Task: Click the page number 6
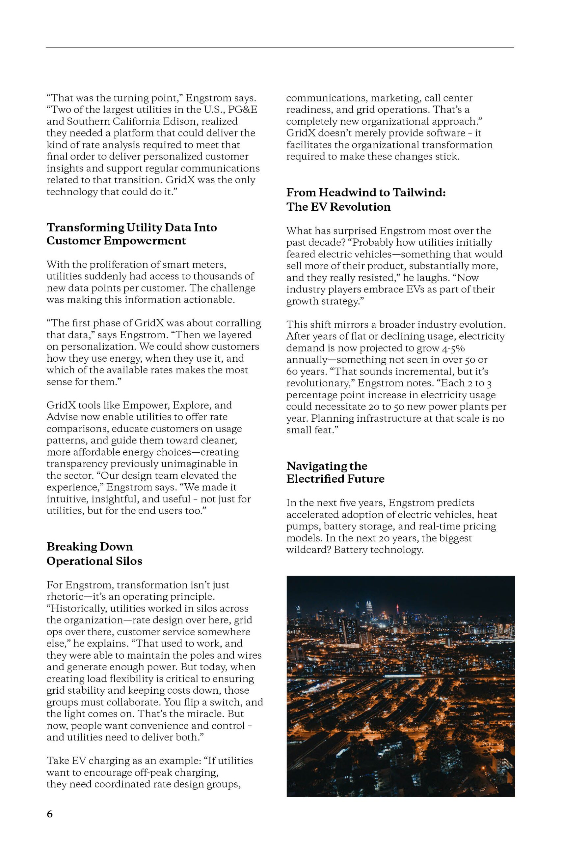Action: point(49,814)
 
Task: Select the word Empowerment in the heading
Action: point(145,241)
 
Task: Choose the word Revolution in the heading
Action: point(360,207)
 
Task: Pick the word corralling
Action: point(237,323)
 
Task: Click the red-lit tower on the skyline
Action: point(397,609)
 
